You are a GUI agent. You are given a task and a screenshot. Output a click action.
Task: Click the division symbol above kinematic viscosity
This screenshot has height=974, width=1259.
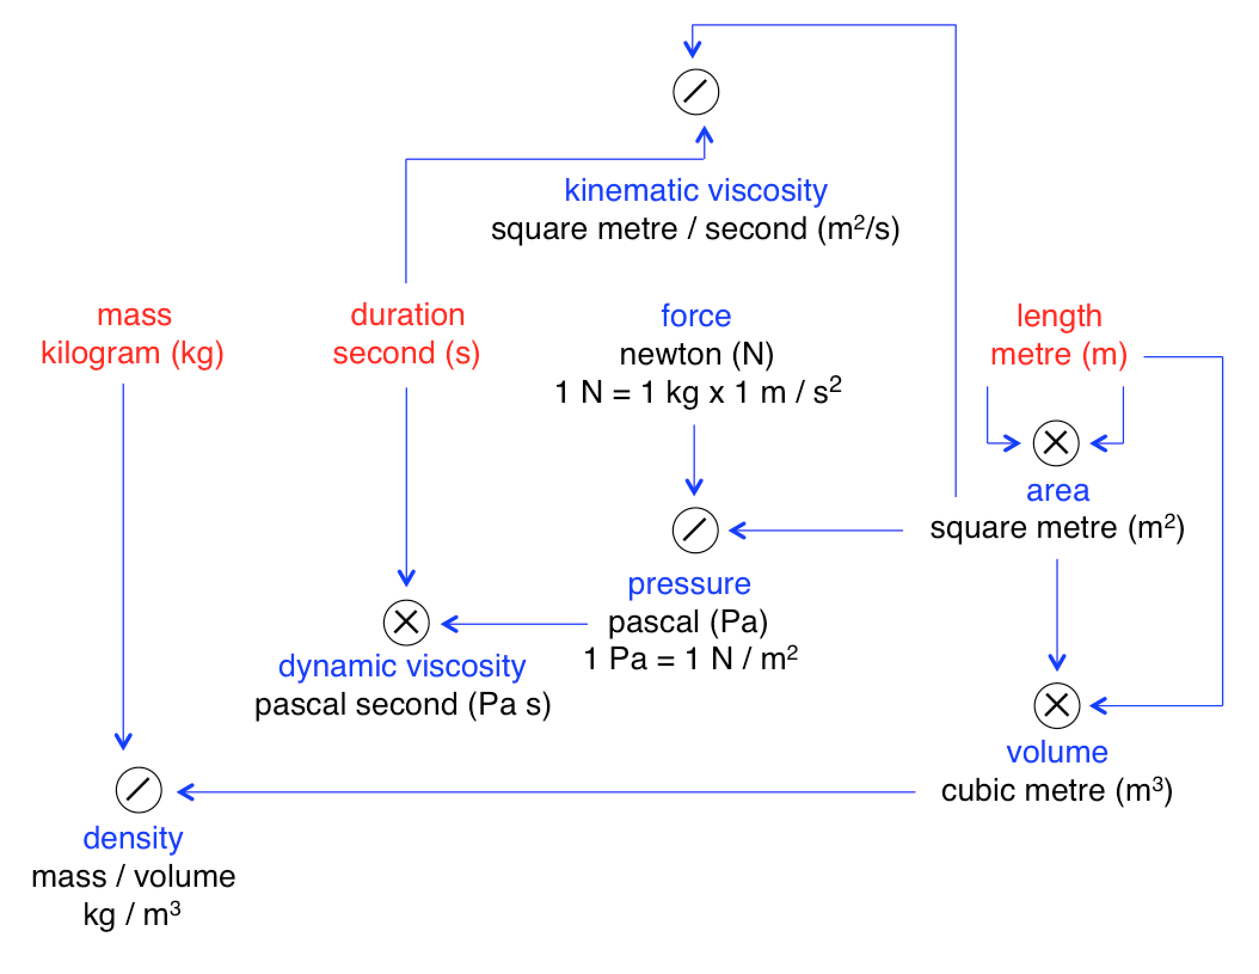[x=696, y=92]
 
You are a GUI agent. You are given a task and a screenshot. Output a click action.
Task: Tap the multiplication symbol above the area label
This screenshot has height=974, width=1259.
[x=1056, y=443]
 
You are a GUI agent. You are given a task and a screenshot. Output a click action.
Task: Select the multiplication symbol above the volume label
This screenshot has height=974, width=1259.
[x=1057, y=705]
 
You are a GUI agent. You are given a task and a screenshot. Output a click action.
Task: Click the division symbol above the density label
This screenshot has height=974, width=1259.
[x=139, y=790]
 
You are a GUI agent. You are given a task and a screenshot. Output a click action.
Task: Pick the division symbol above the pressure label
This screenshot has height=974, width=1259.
[x=695, y=530]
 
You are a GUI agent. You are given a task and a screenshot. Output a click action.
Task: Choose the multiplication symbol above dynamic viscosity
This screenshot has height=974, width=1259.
[x=406, y=623]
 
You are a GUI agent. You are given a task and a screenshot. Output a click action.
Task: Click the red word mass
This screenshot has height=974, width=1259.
[x=134, y=315]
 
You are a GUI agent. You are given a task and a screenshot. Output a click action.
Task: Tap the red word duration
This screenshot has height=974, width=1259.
[x=407, y=315]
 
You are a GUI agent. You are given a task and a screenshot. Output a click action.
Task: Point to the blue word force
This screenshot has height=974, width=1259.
[x=696, y=316]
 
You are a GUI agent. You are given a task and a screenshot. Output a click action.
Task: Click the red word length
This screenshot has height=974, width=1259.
[x=1059, y=316]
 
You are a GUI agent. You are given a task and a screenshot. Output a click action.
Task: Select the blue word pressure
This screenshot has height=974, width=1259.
[x=689, y=584]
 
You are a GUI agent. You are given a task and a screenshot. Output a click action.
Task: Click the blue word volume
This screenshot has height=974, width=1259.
[x=1057, y=752]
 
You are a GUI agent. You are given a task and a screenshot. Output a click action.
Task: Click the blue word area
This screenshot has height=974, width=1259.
[x=1057, y=491]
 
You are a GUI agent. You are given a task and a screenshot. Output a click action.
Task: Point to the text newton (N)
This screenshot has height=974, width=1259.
[x=696, y=354]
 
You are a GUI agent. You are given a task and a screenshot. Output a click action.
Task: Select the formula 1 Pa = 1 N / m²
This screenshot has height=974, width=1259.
[x=690, y=658]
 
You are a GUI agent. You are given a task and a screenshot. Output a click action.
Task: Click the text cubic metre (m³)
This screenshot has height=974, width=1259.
[x=1057, y=790]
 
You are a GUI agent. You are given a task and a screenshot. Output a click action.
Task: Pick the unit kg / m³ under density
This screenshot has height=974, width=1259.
[x=132, y=914]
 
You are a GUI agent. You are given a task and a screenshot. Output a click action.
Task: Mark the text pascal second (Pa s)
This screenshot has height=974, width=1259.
[x=403, y=704]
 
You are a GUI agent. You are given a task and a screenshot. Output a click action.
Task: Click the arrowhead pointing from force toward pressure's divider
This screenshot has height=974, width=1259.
[x=694, y=487]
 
